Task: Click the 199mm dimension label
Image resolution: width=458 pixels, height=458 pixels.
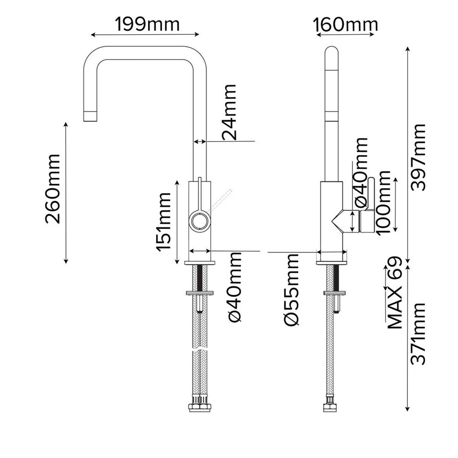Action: tap(148, 23)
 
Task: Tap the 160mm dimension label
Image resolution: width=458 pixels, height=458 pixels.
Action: tap(346, 23)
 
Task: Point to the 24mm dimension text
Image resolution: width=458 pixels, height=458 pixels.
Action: tap(229, 113)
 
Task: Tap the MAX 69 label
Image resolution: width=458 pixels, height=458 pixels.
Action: tap(394, 293)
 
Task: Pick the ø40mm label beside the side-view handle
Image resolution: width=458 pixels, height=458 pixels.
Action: tap(361, 172)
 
